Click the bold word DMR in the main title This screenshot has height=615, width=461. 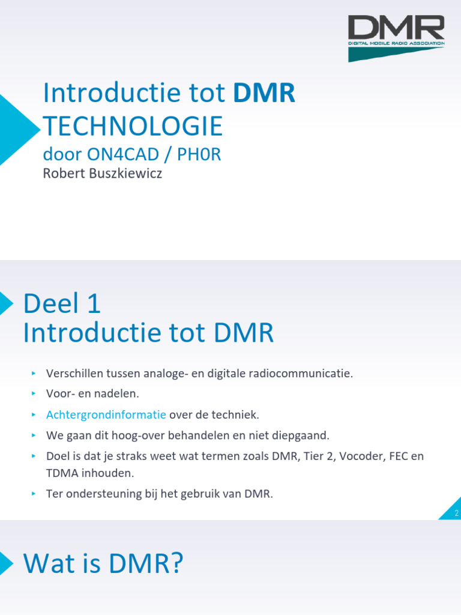click(x=264, y=94)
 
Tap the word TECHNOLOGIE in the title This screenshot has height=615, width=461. click(x=133, y=126)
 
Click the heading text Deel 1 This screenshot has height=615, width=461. click(x=62, y=304)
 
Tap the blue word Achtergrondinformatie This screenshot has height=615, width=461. click(x=106, y=414)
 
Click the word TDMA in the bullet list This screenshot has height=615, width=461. click(x=61, y=473)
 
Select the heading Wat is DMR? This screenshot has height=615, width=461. click(x=103, y=564)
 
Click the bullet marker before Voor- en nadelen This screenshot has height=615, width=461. click(x=34, y=394)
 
